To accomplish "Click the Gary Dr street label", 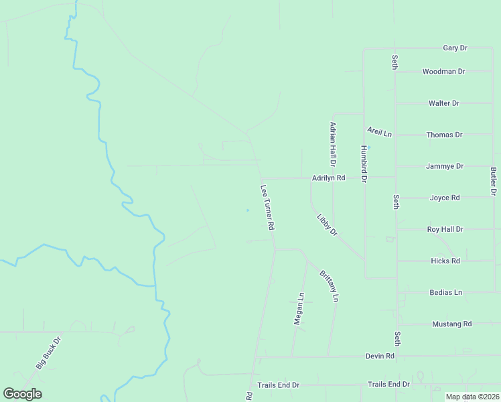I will pos(455,48).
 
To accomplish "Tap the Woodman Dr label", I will pos(443,72).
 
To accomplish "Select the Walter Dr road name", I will pos(443,103).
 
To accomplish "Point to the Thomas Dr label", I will pos(444,135).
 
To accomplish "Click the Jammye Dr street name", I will pos(444,166).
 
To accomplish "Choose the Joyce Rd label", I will pos(444,198).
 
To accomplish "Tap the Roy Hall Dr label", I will pos(445,229).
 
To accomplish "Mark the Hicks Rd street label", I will pos(445,261).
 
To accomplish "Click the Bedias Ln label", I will pos(445,293).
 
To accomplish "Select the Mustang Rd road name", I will pos(451,324).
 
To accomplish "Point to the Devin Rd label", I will pos(380,356).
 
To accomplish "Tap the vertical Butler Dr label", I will pos(493,182).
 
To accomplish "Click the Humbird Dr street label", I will pos(364,164).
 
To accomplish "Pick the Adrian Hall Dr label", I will pos(332,144).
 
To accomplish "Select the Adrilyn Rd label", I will pos(328,178).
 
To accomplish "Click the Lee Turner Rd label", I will pos(268,208).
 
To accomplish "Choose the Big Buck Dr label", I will pos(48,352).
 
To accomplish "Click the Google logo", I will pos(22,394).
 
